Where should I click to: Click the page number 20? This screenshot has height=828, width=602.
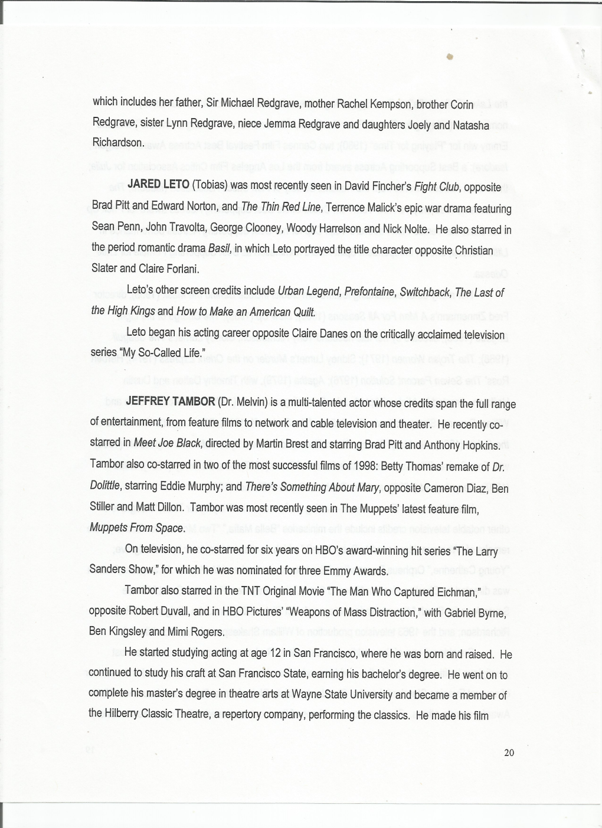coord(509,752)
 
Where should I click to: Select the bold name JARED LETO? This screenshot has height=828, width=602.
coord(158,184)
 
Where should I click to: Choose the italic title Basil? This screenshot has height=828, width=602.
coord(219,248)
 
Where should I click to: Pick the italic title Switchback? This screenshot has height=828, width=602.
coord(425,292)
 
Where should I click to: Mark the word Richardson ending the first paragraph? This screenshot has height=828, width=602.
coord(117,143)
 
